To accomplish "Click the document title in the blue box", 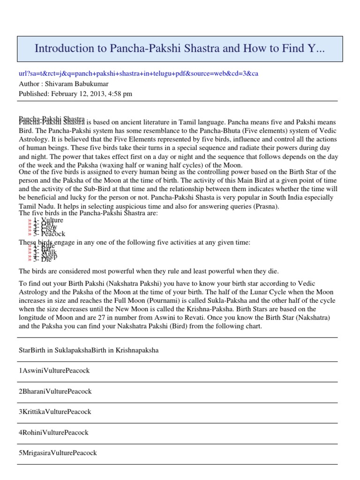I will coord(180,48).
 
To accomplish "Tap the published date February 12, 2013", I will coord(75,93).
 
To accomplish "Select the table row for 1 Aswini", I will coord(54,370).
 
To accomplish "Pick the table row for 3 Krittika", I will coord(55,412).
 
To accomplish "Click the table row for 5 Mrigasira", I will coord(58,453).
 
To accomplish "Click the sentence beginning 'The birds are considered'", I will coord(155,271).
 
